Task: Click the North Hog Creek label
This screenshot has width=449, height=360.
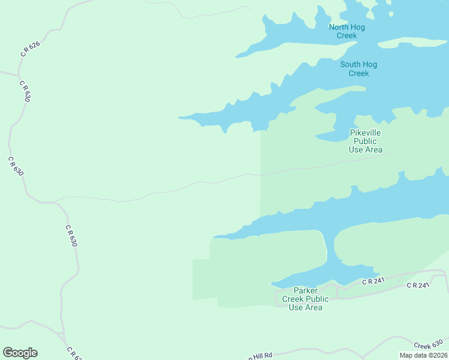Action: pyautogui.click(x=347, y=31)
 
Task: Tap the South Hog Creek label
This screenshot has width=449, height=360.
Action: pyautogui.click(x=358, y=69)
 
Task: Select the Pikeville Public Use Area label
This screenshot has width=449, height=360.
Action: pyautogui.click(x=365, y=141)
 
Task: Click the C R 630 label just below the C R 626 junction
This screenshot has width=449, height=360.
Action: pyautogui.click(x=25, y=91)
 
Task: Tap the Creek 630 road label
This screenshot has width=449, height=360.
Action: pyautogui.click(x=429, y=344)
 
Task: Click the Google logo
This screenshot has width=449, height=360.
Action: pyautogui.click(x=20, y=353)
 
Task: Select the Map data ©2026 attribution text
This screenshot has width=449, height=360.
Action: pyautogui.click(x=423, y=355)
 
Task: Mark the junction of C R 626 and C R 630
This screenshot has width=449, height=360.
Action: pyautogui.click(x=19, y=75)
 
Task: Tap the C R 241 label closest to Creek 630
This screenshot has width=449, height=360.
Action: pyautogui.click(x=418, y=286)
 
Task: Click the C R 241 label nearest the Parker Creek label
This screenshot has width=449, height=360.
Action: pyautogui.click(x=373, y=281)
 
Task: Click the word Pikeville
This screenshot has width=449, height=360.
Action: pyautogui.click(x=365, y=133)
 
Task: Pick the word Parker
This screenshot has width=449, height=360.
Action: pyautogui.click(x=305, y=290)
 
